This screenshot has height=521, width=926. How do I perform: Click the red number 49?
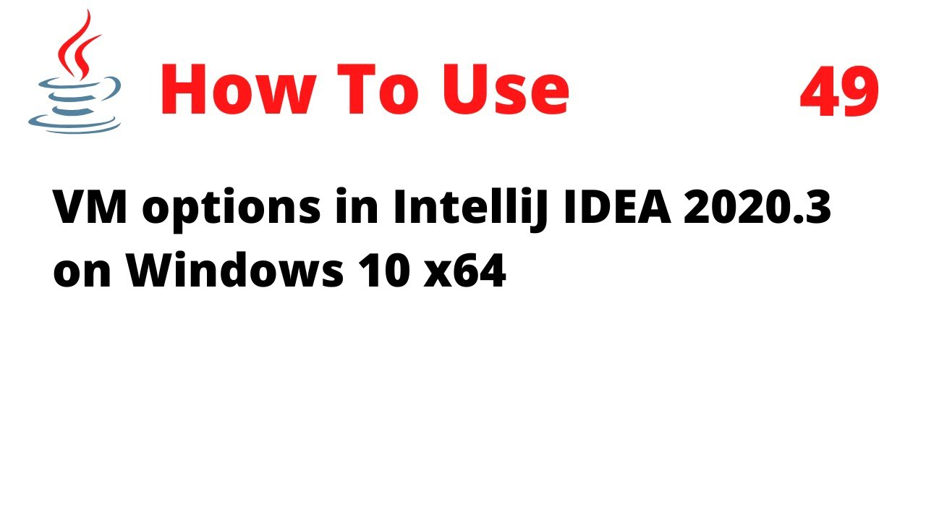click(x=839, y=92)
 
